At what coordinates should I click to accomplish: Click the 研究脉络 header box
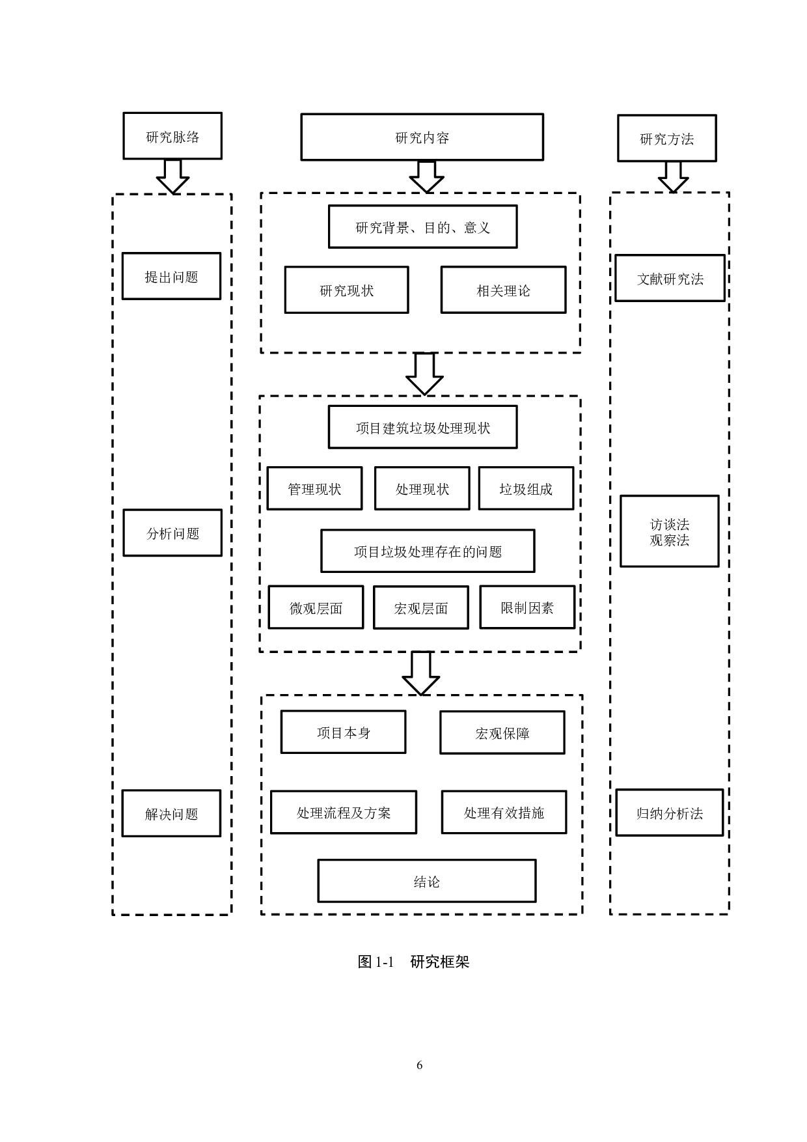point(172,136)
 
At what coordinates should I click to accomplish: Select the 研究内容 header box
point(422,137)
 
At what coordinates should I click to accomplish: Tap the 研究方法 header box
point(666,138)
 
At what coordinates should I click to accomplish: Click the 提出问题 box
point(171,276)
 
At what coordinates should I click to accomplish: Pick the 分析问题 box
point(172,533)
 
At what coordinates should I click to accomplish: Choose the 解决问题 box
point(171,813)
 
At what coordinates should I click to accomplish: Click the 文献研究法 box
point(670,278)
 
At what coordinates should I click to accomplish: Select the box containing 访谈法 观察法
point(669,531)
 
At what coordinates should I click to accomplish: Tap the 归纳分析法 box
point(669,813)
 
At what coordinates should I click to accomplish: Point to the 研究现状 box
point(346,290)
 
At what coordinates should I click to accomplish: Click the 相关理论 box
point(503,290)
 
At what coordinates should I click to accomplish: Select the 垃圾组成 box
point(526,488)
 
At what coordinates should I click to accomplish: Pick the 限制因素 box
point(527,607)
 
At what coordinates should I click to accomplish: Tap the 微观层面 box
point(316,607)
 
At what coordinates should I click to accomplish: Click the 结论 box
point(426,881)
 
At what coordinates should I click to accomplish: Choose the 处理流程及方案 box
point(343,812)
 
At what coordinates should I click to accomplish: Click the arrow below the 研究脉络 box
point(172,176)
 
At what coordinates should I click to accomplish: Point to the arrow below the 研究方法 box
point(673,177)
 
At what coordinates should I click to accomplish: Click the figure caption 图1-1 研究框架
point(413,962)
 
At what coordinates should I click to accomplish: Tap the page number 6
point(419,1065)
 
